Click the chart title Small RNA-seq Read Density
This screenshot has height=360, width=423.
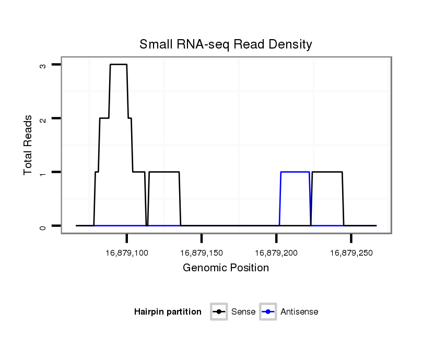coord(226,44)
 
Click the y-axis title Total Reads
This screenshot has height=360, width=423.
coord(29,145)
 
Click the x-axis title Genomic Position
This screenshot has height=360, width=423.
coord(226,268)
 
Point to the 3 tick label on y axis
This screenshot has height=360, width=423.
coord(42,65)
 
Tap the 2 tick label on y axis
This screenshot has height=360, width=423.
coord(42,119)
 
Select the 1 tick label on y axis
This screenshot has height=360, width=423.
coord(42,172)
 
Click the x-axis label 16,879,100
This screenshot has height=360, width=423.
coord(127,253)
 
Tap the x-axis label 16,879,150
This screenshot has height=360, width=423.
coord(202,253)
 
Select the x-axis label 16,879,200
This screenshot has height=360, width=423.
coord(276,253)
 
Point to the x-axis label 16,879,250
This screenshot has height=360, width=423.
coord(351,253)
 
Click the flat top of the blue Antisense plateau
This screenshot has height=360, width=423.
coord(295,172)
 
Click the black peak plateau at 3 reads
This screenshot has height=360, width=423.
coord(119,64)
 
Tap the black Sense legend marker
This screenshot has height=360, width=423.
coord(219,312)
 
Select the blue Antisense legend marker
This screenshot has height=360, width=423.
coord(268,312)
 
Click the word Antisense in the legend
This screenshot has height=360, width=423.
coord(299,312)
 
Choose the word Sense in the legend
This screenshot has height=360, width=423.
coord(243,312)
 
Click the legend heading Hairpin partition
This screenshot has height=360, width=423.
coord(168,312)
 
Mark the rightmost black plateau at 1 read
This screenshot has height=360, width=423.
coord(327,172)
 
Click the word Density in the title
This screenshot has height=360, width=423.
coord(291,44)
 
